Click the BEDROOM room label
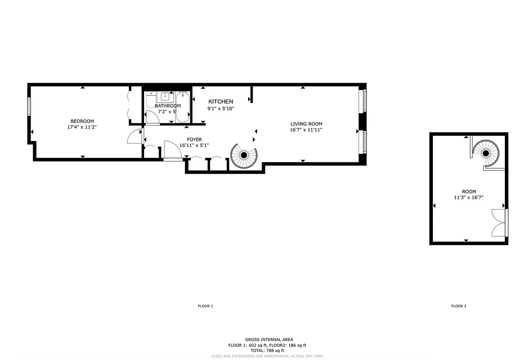coord(82,121)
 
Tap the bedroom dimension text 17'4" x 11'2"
coord(82,127)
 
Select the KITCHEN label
coord(220,102)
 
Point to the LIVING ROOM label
coord(306,124)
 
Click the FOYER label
coord(194,139)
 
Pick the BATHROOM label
coord(168,106)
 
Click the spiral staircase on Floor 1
coord(244,155)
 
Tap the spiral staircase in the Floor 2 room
coord(486,153)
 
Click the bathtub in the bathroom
coord(182,107)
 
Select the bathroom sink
coord(165,96)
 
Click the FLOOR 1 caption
coord(205,306)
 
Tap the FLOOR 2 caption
coord(459,306)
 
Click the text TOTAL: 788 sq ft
coord(264,351)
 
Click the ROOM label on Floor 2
coord(468,191)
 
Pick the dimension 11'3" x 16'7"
coord(468,197)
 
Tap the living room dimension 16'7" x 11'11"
coord(306,130)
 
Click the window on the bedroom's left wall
coord(29,107)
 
